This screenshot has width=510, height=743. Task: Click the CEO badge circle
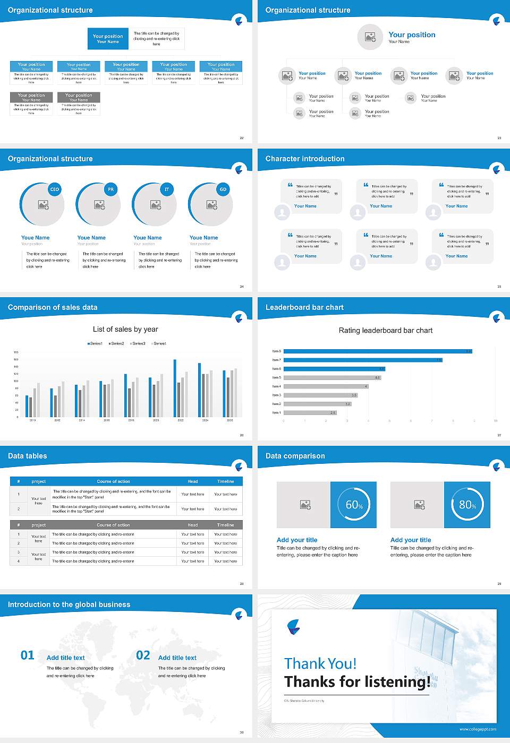coord(54,189)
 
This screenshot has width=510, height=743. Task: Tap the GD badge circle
coord(223,189)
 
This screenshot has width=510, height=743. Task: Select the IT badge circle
coord(167,189)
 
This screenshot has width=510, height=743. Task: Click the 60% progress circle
coord(354,505)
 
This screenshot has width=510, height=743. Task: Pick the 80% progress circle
coord(467,505)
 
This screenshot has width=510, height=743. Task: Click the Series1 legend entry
coord(95,343)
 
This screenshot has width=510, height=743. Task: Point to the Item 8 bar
coord(377,351)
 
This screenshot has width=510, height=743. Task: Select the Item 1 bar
coord(310,412)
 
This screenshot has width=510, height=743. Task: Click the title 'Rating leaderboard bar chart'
coord(386,330)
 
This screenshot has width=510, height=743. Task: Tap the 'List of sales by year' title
coord(125,329)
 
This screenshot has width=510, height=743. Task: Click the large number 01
coord(28,655)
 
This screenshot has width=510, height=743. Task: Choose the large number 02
coord(143,655)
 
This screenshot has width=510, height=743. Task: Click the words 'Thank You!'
coord(320,663)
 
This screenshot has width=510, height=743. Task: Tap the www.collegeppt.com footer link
coord(478,729)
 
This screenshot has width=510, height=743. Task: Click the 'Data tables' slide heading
coord(28,456)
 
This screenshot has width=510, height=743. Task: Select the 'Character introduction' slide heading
coord(305,159)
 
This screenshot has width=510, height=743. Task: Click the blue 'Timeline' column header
coord(225,481)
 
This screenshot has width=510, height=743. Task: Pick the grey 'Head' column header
coord(192,525)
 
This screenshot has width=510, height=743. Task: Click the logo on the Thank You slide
coord(293,627)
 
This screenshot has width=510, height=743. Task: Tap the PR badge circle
coord(110,189)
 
